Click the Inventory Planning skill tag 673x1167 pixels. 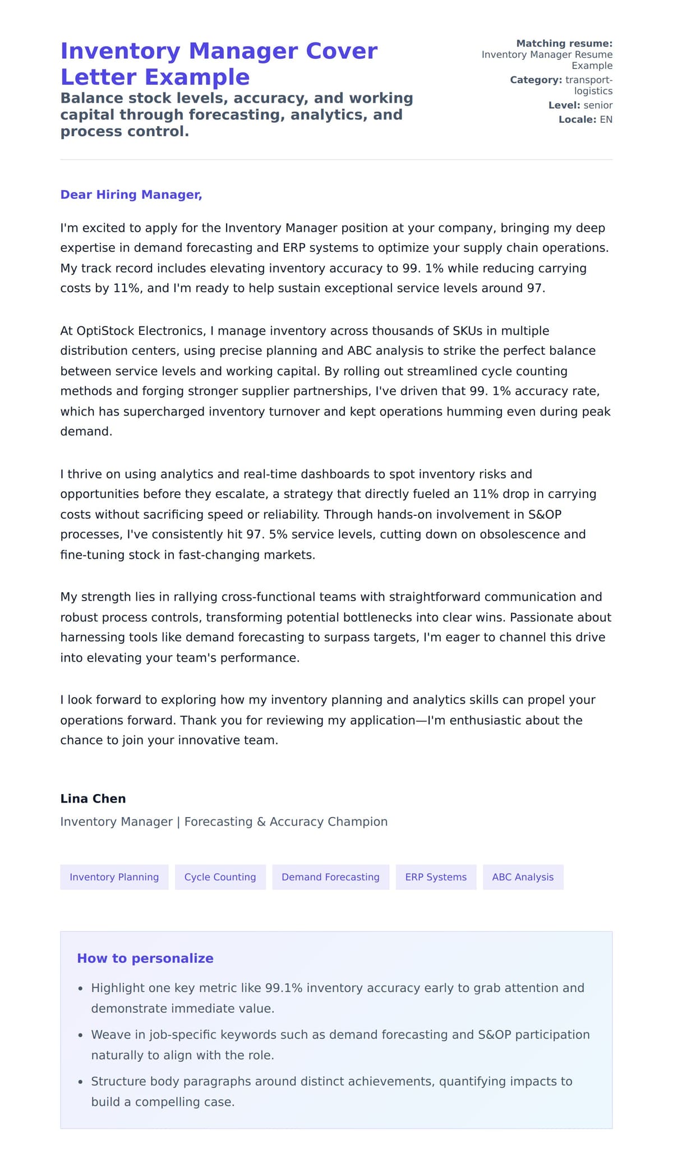point(114,877)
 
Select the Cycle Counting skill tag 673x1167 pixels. point(220,877)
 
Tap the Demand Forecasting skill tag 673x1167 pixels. point(330,877)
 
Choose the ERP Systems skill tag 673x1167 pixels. point(436,877)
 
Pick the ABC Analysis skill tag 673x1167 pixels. point(523,877)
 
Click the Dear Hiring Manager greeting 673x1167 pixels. point(131,195)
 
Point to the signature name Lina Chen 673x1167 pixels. point(93,799)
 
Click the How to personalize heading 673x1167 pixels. point(145,958)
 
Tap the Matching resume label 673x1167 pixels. point(564,43)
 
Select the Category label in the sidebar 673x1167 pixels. point(536,80)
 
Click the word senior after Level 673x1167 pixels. point(598,105)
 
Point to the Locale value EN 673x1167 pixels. point(606,119)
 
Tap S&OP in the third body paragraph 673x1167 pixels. point(545,514)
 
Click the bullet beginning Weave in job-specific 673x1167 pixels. point(340,1035)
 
